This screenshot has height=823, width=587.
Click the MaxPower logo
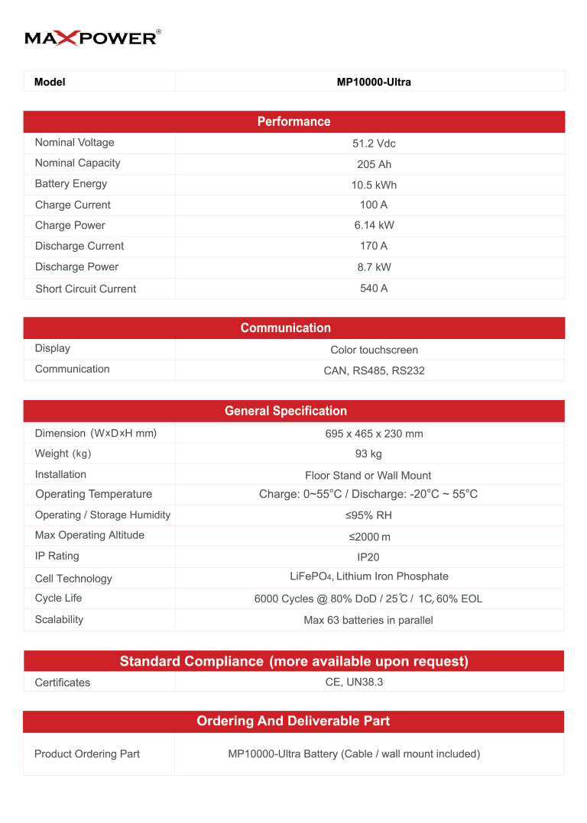[92, 37]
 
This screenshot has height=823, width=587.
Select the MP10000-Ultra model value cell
[374, 82]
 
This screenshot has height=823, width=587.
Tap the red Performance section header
[293, 121]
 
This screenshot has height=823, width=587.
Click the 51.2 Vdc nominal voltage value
[374, 144]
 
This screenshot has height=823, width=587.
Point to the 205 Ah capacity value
[374, 164]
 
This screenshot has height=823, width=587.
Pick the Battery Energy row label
[71, 184]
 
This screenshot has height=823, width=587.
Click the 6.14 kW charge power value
[374, 225]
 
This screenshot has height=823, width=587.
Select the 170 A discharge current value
[374, 246]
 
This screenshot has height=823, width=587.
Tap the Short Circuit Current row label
[86, 289]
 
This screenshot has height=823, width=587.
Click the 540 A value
[374, 289]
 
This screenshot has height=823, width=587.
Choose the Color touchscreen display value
[374, 350]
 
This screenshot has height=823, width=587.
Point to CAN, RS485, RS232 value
[374, 370]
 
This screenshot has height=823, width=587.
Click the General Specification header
[286, 411]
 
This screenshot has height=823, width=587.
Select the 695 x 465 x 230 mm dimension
[374, 434]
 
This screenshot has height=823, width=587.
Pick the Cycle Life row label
[58, 598]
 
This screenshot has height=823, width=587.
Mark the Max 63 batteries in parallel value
[368, 620]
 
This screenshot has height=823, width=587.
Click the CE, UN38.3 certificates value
[354, 682]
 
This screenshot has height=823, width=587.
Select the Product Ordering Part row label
[87, 754]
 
